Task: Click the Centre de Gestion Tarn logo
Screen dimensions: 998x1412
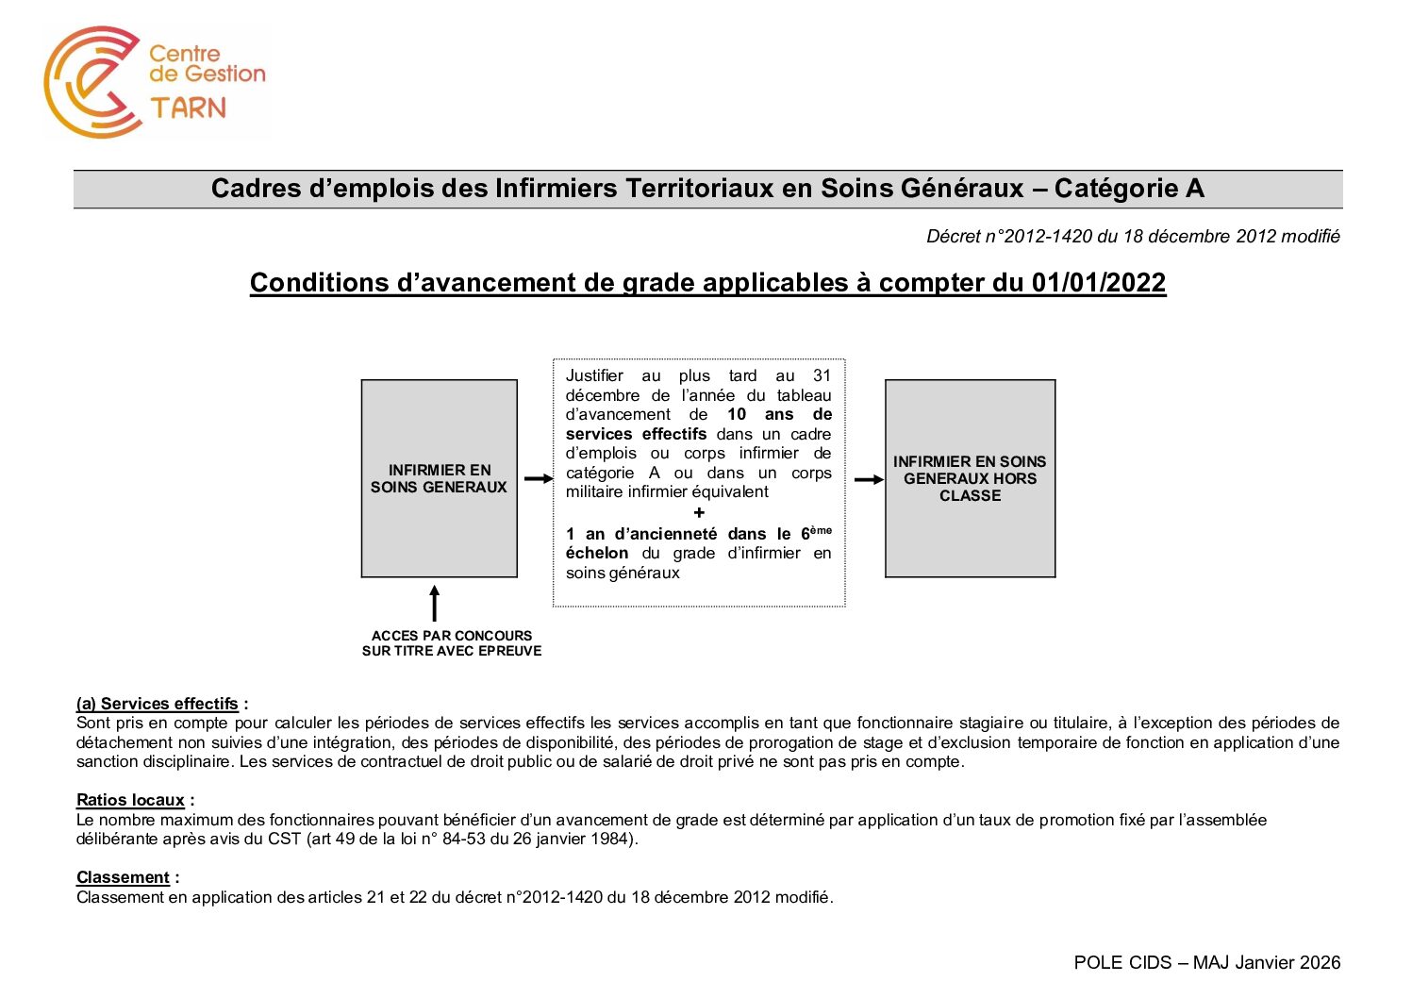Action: [x=156, y=82]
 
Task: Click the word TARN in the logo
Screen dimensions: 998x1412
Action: [x=189, y=108]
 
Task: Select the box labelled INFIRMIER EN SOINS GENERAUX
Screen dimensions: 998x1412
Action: [x=439, y=478]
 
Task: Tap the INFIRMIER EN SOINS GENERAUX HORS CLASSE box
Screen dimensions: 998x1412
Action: [x=970, y=478]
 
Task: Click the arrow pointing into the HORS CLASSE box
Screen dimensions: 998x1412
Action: [x=868, y=479]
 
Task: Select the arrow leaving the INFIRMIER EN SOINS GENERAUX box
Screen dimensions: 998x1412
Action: [x=538, y=479]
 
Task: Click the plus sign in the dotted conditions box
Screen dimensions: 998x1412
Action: [x=699, y=513]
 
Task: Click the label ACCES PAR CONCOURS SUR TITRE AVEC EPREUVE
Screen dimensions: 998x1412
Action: [x=452, y=643]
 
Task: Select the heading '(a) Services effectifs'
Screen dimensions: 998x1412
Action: [x=158, y=704]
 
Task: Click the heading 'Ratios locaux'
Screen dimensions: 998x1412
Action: [x=130, y=800]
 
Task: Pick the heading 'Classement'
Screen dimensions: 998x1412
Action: [x=123, y=877]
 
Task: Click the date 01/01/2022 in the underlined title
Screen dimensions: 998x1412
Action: [x=1098, y=283]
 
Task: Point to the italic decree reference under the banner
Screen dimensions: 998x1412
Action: [x=1133, y=237]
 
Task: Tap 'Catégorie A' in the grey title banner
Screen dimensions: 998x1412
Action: [x=1129, y=189]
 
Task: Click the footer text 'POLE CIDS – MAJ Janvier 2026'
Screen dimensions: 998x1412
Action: [x=1206, y=962]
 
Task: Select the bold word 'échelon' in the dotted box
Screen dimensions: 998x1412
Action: [x=597, y=554]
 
